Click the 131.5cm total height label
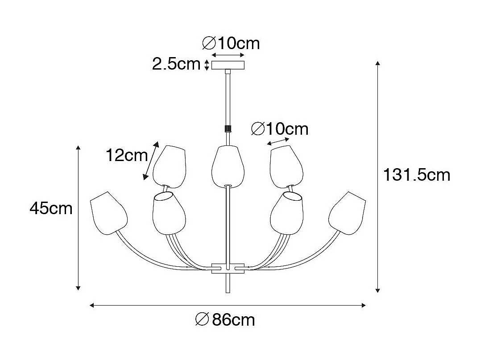[x=417, y=175]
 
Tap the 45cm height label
[x=51, y=208]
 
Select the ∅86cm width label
[x=225, y=319]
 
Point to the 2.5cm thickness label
[x=176, y=64]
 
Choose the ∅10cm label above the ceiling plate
[x=231, y=43]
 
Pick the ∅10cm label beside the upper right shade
[x=280, y=129]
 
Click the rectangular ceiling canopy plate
[x=228, y=65]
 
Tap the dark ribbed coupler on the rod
[x=228, y=128]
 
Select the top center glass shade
[x=228, y=166]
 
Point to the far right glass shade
[x=347, y=211]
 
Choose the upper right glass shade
[x=286, y=166]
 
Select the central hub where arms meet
[x=228, y=268]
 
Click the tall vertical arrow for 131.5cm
[x=378, y=176]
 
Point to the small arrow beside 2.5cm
[x=207, y=65]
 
